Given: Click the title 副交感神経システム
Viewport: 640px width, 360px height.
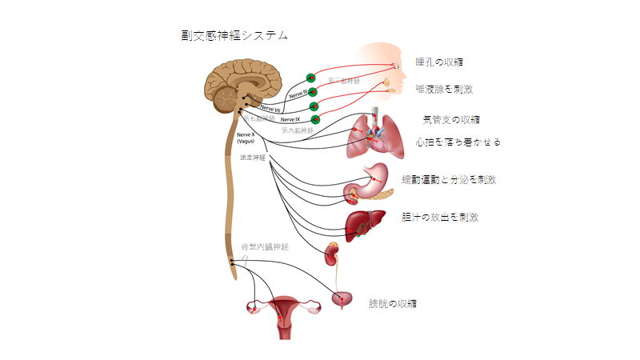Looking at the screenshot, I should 234,36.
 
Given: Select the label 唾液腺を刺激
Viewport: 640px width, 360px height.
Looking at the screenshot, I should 444,90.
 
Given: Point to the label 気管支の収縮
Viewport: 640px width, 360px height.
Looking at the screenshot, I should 451,120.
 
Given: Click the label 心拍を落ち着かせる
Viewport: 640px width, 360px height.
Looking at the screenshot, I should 458,142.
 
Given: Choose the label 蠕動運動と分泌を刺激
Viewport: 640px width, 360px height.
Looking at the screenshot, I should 454,180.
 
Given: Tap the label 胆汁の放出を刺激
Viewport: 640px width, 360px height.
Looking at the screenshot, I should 445,217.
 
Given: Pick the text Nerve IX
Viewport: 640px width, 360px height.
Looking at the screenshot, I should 290,119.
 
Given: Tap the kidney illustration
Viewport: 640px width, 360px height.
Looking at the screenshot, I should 330,255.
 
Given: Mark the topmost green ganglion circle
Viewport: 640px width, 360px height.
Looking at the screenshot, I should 310,78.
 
